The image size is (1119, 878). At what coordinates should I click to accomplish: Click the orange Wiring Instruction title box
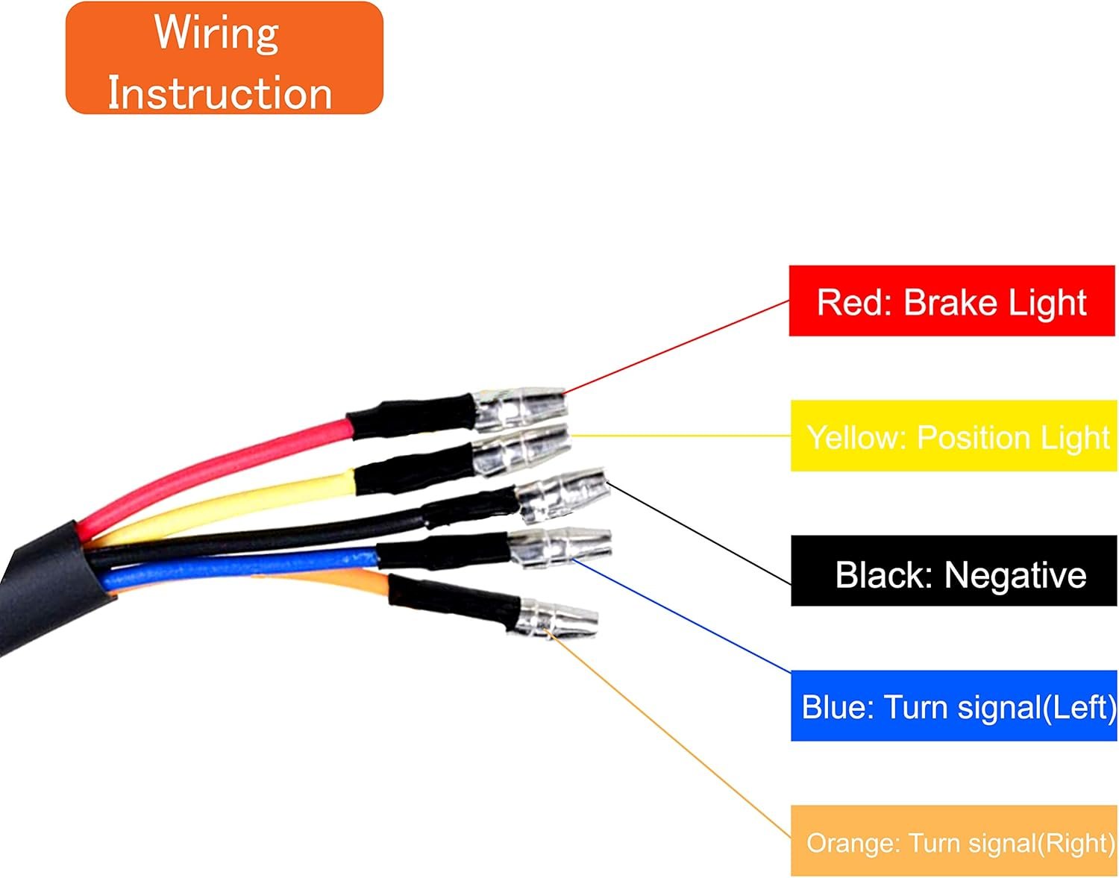(224, 58)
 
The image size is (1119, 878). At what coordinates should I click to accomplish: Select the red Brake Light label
(951, 301)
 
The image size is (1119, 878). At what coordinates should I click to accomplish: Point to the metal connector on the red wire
(521, 408)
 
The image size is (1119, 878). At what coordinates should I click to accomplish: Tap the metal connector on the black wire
(563, 494)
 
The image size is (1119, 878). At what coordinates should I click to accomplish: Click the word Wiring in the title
(216, 33)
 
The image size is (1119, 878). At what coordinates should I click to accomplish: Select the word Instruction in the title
(220, 93)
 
